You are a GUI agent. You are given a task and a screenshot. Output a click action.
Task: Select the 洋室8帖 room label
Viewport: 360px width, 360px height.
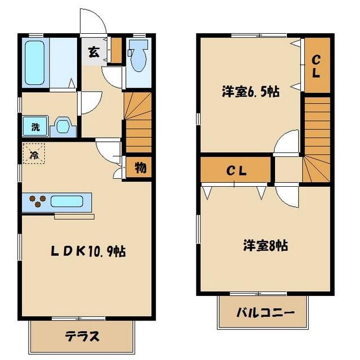click(x=265, y=245)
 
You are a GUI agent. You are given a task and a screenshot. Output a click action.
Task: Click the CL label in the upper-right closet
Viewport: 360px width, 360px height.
click(x=317, y=66)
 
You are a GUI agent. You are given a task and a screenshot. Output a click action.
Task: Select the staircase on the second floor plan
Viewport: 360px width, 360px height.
click(x=317, y=141)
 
